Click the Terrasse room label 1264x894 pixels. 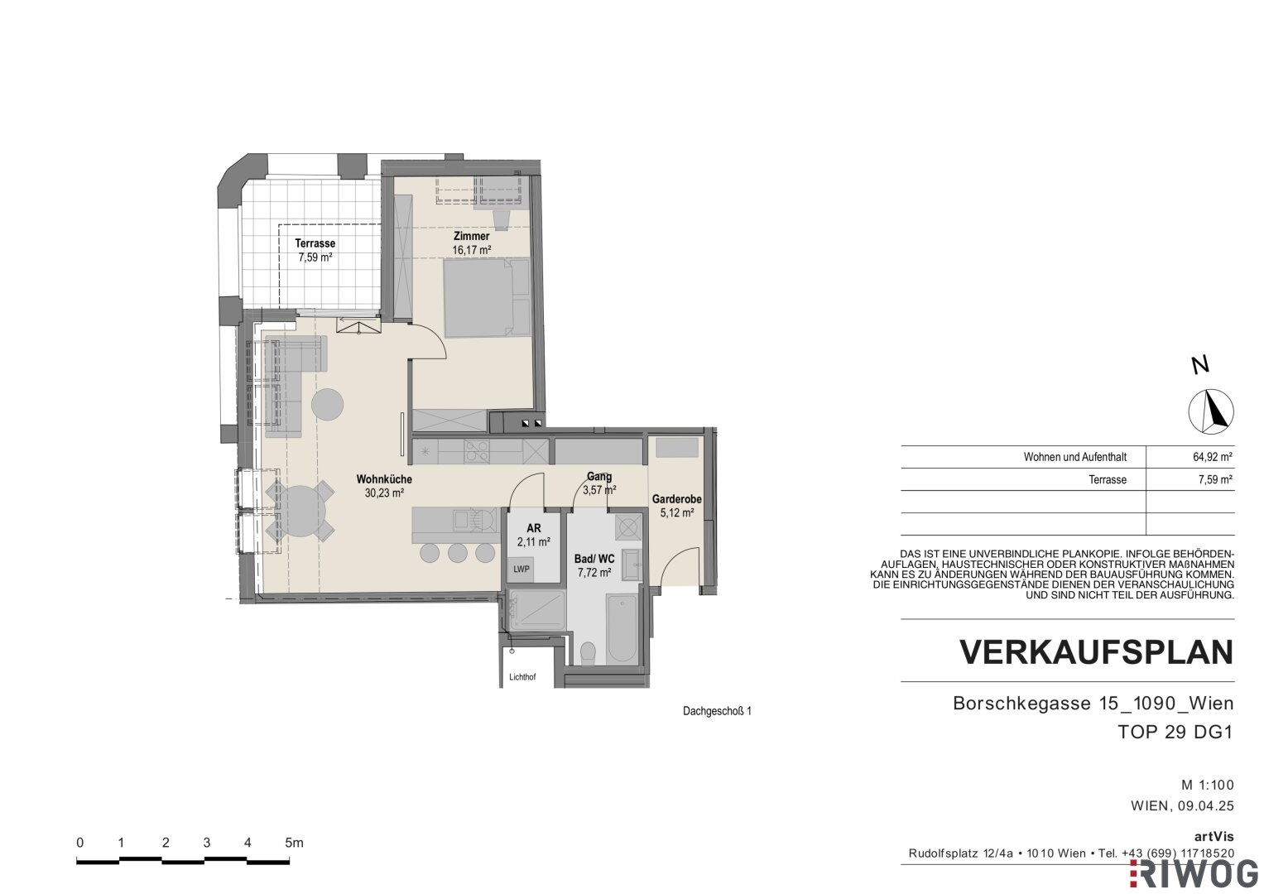click(315, 243)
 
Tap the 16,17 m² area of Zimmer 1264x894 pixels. click(471, 250)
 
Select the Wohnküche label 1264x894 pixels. click(384, 479)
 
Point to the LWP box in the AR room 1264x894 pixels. click(521, 569)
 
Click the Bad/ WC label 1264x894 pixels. click(594, 559)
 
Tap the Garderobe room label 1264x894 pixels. click(676, 499)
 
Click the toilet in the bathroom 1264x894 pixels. click(588, 652)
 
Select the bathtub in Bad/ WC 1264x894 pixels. click(622, 627)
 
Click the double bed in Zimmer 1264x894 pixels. click(487, 297)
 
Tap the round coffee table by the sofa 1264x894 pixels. click(327, 404)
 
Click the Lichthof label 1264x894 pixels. click(522, 677)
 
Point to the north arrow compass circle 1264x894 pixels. click(1211, 411)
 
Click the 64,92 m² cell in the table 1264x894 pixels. click(1212, 457)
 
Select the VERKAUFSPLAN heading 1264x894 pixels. click(1097, 652)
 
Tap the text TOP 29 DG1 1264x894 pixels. click(1175, 732)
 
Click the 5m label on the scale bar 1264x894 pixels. click(294, 843)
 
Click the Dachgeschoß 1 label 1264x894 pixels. click(717, 711)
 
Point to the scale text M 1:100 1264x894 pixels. click(1208, 785)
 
